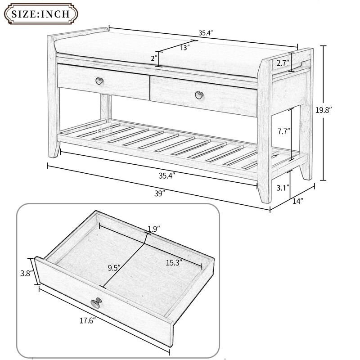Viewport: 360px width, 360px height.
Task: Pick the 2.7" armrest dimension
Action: pos(282,63)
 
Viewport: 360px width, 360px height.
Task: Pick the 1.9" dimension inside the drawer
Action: pos(154,229)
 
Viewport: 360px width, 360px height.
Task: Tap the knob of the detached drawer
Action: pos(95,303)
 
